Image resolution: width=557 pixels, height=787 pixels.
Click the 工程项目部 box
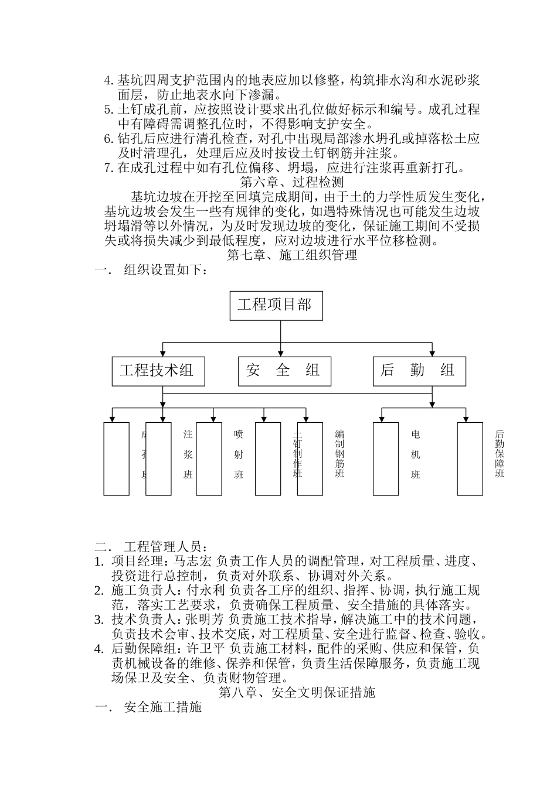pos(275,305)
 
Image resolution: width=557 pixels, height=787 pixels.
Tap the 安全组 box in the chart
pos(284,370)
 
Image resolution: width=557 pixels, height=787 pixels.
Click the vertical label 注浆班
pos(188,454)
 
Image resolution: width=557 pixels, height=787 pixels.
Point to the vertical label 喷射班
pos(238,454)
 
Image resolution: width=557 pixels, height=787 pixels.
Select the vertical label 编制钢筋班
pos(339,454)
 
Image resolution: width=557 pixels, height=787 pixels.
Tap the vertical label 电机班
pos(416,454)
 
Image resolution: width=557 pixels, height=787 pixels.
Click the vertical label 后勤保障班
pos(500,454)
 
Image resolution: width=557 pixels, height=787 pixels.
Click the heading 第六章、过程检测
pos(292,182)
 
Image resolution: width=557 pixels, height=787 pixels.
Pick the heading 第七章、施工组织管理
pos(292,255)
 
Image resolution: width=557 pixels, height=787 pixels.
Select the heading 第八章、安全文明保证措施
pos(297,693)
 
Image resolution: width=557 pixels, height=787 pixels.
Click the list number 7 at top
pos(108,168)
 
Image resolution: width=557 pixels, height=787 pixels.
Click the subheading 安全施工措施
pos(163,707)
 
